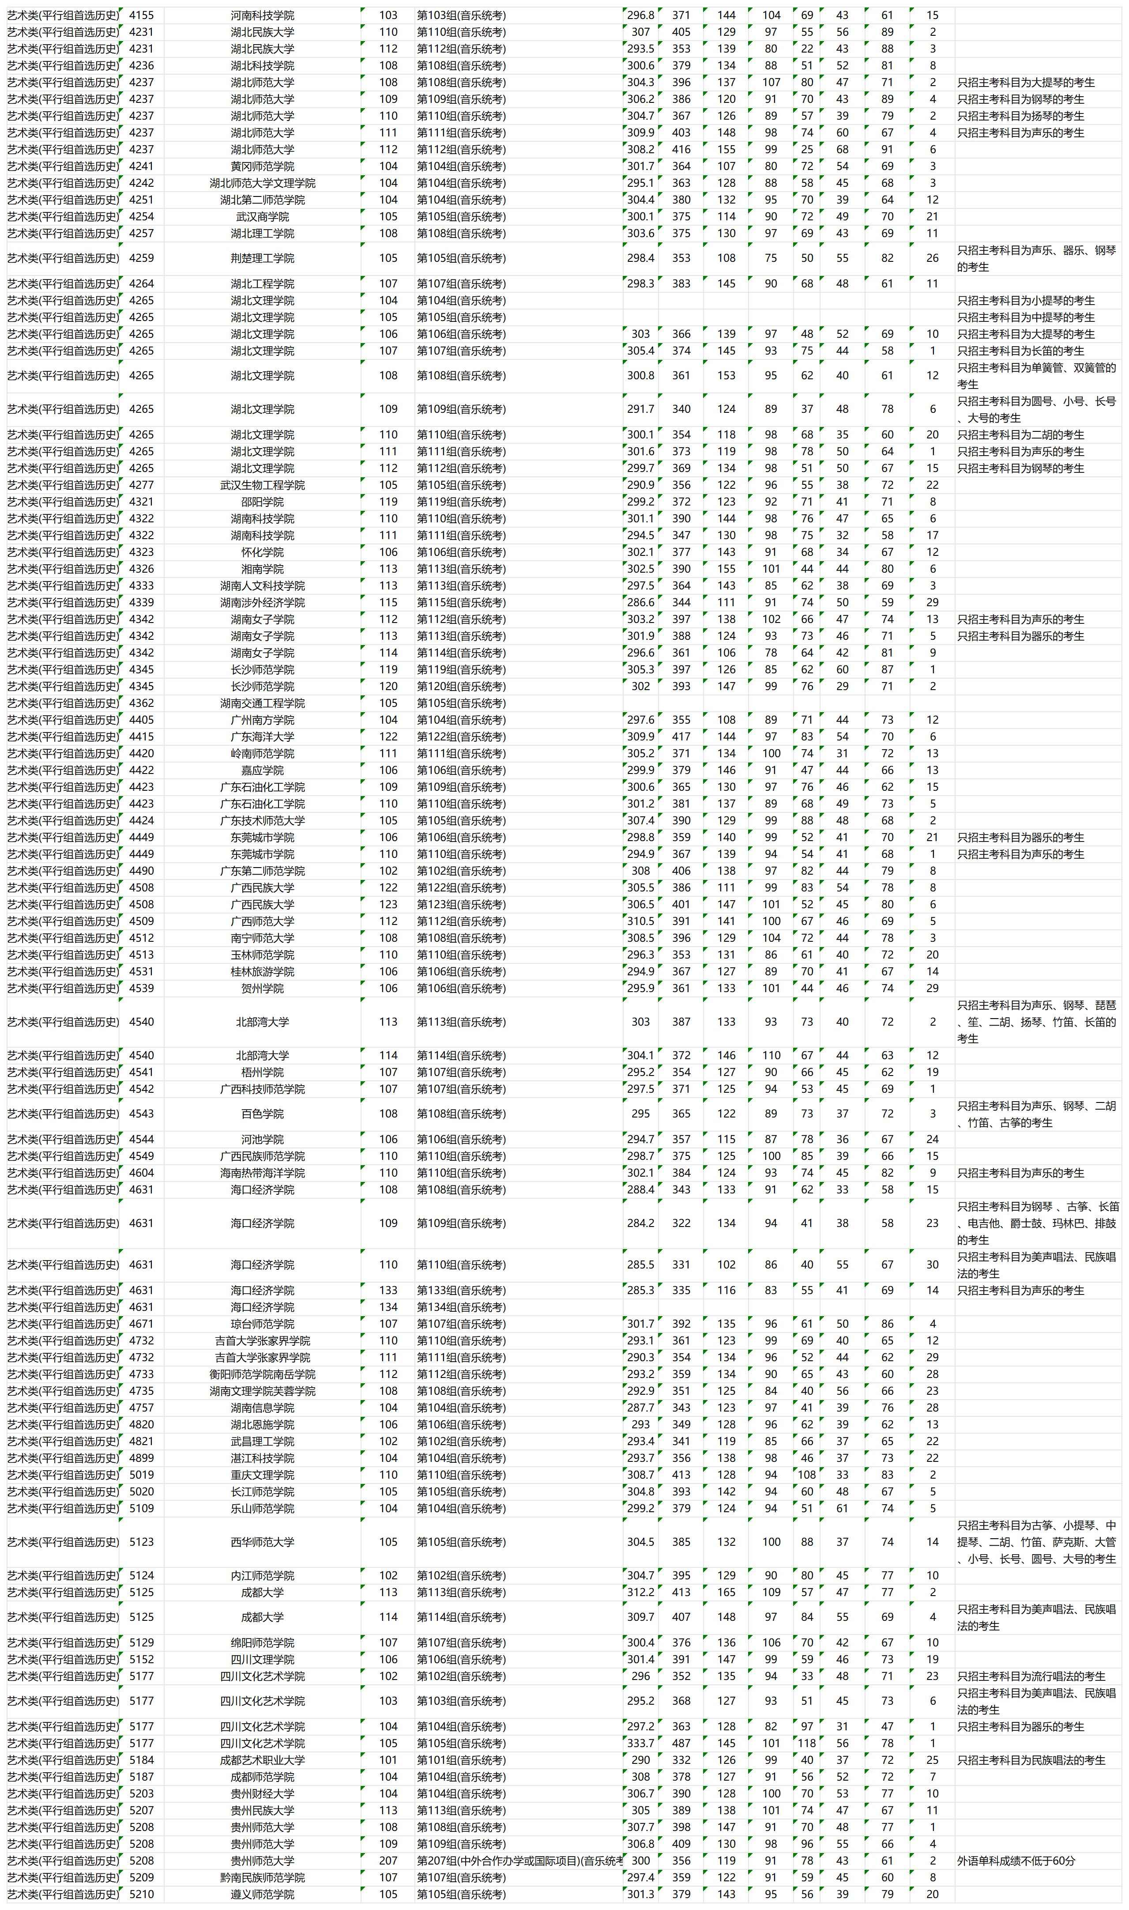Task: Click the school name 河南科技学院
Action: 263,15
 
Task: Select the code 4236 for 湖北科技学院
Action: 142,65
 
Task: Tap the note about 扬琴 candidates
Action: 1020,116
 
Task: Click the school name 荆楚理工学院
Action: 263,258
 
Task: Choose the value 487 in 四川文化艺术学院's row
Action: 681,1743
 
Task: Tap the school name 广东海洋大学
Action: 263,736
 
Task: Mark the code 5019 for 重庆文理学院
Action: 142,1475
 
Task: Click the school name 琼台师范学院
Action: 263,1323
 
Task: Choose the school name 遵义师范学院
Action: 263,1894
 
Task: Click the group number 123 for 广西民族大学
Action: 388,904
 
